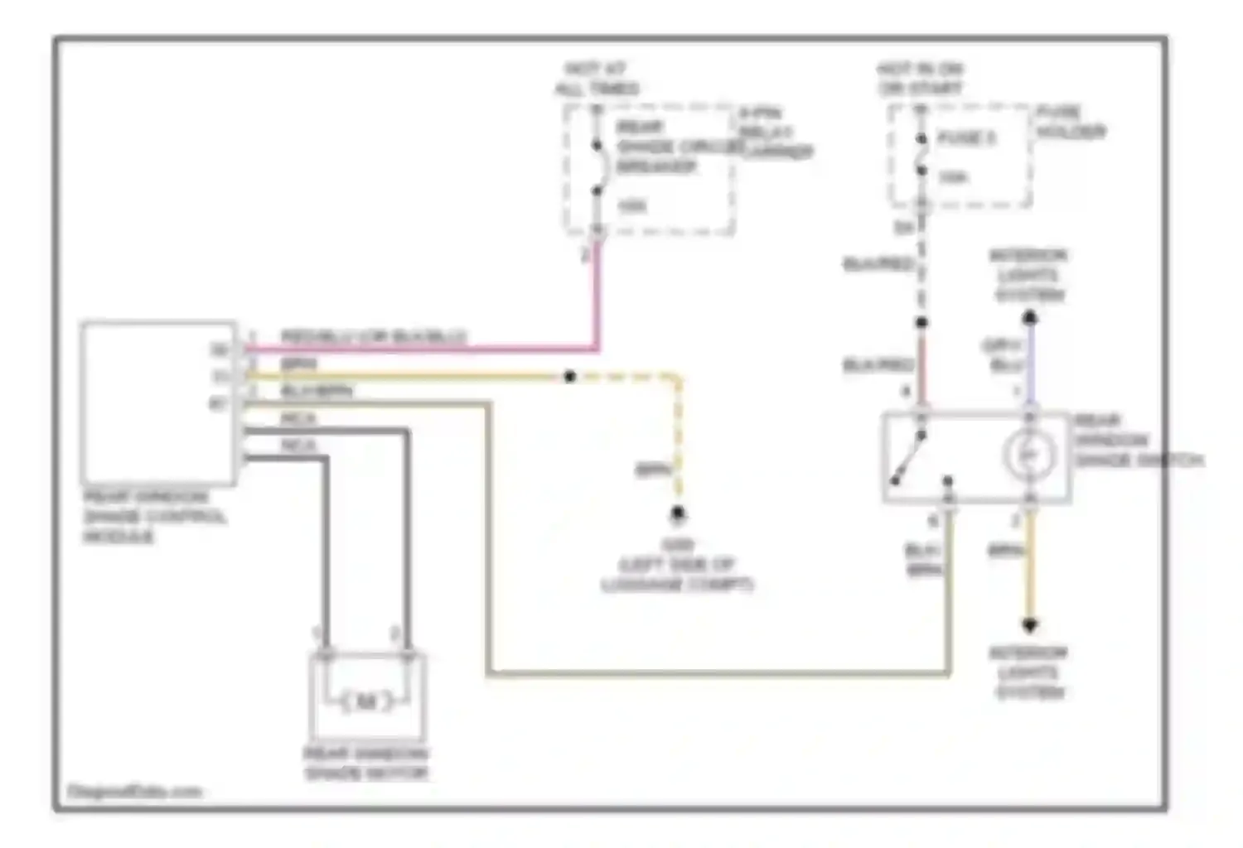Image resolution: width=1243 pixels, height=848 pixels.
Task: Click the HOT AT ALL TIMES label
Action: [597, 79]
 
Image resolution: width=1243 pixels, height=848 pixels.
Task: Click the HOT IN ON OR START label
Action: [920, 79]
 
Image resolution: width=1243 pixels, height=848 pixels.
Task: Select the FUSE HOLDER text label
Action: [1071, 122]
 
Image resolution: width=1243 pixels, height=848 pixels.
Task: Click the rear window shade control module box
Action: [157, 402]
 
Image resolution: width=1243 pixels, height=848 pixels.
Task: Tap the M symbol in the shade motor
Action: [366, 701]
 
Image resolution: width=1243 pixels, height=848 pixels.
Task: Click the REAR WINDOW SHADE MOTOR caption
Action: [366, 764]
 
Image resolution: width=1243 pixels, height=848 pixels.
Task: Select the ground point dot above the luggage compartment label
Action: [678, 513]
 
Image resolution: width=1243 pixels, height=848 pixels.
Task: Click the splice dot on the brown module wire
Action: [570, 377]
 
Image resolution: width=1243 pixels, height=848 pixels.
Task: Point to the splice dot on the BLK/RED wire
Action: [921, 322]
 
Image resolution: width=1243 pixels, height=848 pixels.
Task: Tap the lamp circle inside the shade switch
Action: [1029, 454]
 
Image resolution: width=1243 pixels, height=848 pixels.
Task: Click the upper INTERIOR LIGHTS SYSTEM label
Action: [1028, 275]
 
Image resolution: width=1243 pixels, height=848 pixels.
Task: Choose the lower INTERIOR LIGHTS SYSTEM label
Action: [1028, 672]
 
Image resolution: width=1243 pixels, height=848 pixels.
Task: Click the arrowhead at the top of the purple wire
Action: [1029, 316]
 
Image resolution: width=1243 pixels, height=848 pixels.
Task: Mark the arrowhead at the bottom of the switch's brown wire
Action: [1029, 626]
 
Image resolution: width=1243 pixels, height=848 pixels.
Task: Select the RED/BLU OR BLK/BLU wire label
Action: [374, 337]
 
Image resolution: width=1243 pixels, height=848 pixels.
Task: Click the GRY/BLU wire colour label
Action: [1003, 355]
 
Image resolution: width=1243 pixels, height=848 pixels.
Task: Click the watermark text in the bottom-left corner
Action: [134, 792]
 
